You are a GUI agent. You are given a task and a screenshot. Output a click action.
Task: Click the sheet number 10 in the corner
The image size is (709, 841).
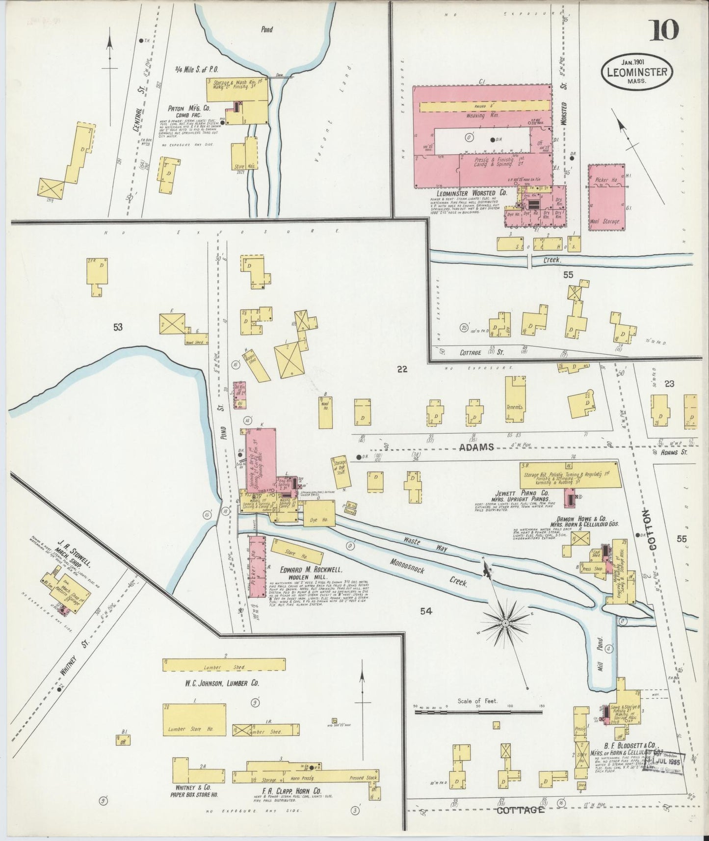665,30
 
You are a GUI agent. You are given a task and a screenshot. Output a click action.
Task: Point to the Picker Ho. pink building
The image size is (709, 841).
607,196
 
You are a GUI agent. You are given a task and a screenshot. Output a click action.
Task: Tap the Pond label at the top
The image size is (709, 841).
267,29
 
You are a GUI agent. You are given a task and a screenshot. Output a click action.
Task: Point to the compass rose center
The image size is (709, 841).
504,623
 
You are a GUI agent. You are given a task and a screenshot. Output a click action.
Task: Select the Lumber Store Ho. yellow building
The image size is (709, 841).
194,719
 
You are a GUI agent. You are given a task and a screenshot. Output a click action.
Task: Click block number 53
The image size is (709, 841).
117,327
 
